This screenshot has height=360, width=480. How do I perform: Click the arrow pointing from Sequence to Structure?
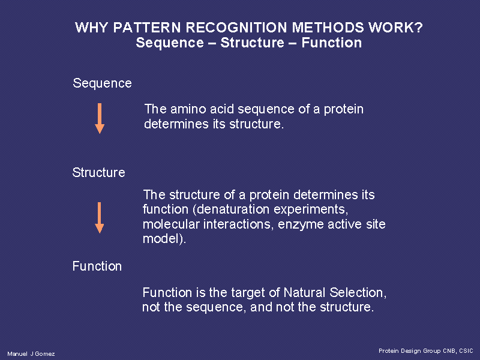coord(100,118)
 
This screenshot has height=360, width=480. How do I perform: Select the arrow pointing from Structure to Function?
coord(99,218)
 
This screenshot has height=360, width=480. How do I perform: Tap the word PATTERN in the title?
coord(147,28)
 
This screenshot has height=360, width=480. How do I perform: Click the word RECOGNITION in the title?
coord(236,28)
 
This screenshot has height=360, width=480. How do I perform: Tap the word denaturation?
coord(233,209)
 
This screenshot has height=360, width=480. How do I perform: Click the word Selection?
coord(358,293)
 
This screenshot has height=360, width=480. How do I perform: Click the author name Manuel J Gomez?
coord(31,354)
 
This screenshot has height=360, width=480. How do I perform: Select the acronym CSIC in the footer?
coord(466,351)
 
